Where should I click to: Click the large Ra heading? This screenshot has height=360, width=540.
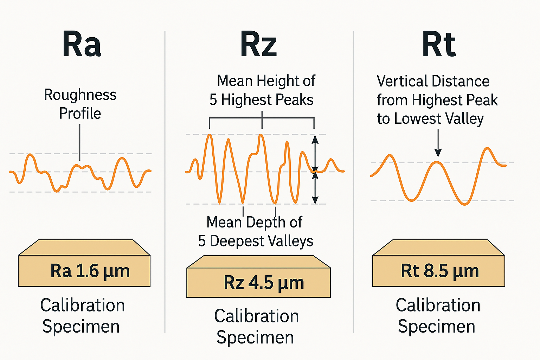tap(82, 45)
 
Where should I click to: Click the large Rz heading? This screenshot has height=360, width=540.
tap(259, 45)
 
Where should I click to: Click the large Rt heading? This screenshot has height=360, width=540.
tap(439, 45)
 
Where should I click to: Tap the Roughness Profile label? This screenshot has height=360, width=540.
tap(80, 104)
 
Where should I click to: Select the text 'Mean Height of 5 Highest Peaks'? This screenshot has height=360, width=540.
tap(262, 90)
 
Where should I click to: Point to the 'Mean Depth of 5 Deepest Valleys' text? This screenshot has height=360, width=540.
tap(255, 232)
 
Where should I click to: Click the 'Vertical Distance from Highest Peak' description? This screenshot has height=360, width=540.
tap(437, 100)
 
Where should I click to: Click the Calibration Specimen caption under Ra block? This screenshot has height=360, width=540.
tap(82, 316)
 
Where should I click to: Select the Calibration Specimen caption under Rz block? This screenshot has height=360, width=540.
tap(256, 327)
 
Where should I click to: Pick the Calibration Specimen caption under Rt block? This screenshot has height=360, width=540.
tap(438, 316)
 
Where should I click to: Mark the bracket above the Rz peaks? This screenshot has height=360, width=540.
tap(262, 118)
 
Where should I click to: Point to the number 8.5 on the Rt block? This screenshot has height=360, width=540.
tap(436, 271)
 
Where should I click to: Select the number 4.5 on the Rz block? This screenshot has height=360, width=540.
tap(261, 283)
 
